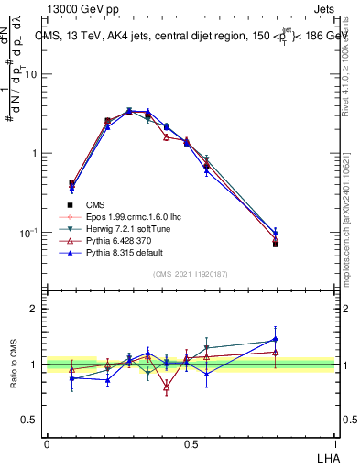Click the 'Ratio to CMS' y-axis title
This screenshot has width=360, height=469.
15,365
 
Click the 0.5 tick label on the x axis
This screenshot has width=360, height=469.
191,443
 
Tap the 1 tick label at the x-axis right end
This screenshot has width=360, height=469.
334,443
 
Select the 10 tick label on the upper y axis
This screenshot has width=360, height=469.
31,74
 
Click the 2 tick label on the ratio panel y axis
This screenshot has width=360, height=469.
34,310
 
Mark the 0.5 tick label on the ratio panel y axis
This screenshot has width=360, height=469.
30,420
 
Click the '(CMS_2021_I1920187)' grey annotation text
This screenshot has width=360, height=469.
191,274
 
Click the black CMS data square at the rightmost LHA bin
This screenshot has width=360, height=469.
276,244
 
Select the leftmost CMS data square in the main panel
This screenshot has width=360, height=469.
71,182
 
